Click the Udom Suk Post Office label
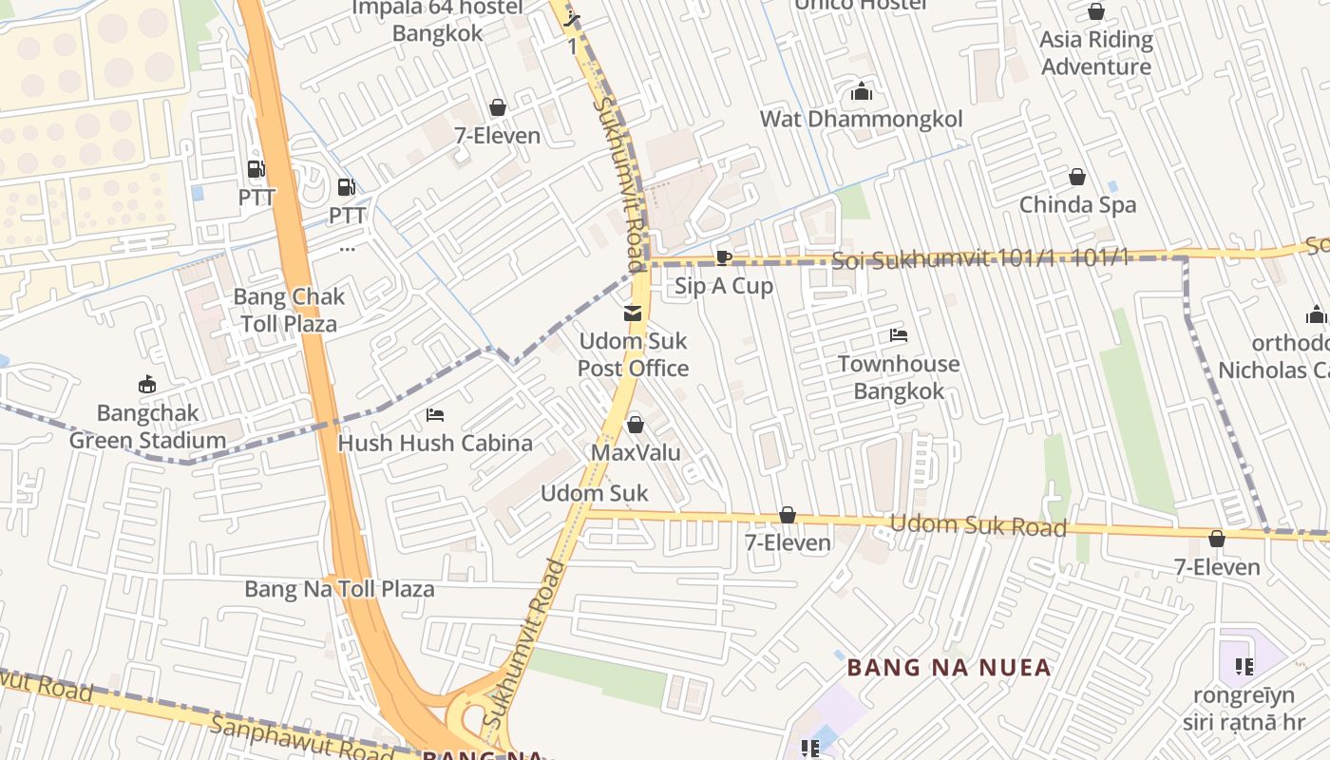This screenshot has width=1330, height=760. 633,354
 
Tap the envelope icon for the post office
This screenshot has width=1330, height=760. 633,313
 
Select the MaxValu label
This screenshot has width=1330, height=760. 636,452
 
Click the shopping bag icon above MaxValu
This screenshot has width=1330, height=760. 636,424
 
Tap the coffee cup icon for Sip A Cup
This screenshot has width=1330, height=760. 723,257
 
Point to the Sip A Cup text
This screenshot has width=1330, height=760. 724,286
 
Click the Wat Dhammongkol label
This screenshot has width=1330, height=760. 861,119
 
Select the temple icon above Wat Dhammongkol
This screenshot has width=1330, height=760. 862,91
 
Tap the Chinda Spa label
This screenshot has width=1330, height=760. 1077,204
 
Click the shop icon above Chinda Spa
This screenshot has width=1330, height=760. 1077,177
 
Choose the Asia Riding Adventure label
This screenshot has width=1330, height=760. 1095,53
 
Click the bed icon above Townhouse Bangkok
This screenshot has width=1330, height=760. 899,335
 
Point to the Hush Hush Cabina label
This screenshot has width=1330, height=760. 435,443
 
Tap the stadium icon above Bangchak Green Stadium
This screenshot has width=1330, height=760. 147,385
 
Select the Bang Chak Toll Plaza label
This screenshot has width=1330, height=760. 289,310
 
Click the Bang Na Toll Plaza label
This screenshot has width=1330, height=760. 339,589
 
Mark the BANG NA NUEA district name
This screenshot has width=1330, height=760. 949,668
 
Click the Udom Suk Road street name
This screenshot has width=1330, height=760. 978,525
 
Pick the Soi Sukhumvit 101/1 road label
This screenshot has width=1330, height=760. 978,258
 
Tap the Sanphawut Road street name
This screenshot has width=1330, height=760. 301,738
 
